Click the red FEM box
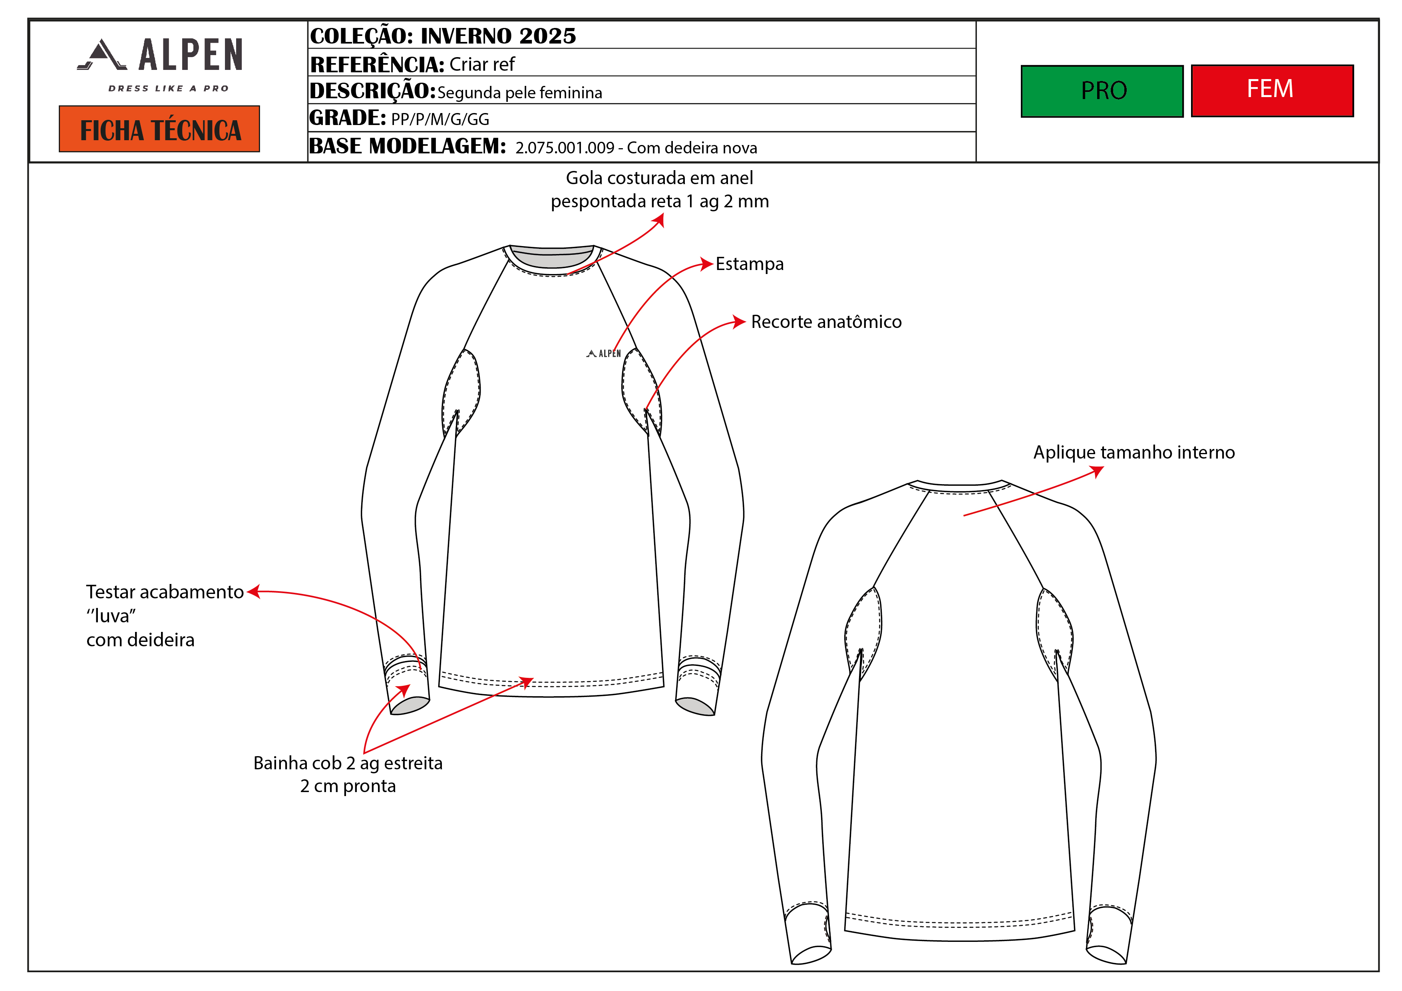pos(1272,90)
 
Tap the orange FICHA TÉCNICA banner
pos(159,129)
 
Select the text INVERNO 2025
pos(498,36)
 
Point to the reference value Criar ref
pos(482,64)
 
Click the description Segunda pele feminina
pos(520,93)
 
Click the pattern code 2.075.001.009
pos(565,148)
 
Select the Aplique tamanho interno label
pos(1134,453)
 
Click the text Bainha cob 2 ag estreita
pos(348,763)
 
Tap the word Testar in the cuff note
pos(109,592)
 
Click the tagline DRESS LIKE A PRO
pos(169,89)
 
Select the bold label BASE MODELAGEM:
pos(407,147)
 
